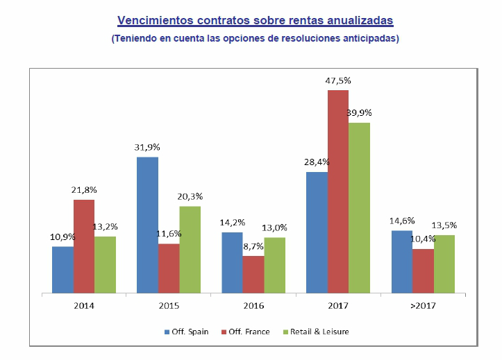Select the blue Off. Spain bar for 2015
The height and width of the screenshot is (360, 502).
147,225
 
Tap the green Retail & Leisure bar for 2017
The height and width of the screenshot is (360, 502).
359,208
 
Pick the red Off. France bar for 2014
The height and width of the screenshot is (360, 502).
84,246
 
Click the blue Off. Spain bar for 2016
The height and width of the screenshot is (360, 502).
232,263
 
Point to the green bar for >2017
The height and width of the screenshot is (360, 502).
444,264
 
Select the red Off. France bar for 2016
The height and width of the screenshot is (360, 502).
253,275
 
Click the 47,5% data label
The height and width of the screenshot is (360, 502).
338,80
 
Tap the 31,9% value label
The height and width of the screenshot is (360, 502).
147,147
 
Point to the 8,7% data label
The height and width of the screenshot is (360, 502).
253,246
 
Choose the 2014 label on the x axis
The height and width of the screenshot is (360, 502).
84,305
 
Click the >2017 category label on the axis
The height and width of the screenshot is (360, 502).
423,305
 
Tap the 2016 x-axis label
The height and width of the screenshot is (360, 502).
253,305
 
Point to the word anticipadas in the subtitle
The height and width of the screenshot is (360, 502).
369,39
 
